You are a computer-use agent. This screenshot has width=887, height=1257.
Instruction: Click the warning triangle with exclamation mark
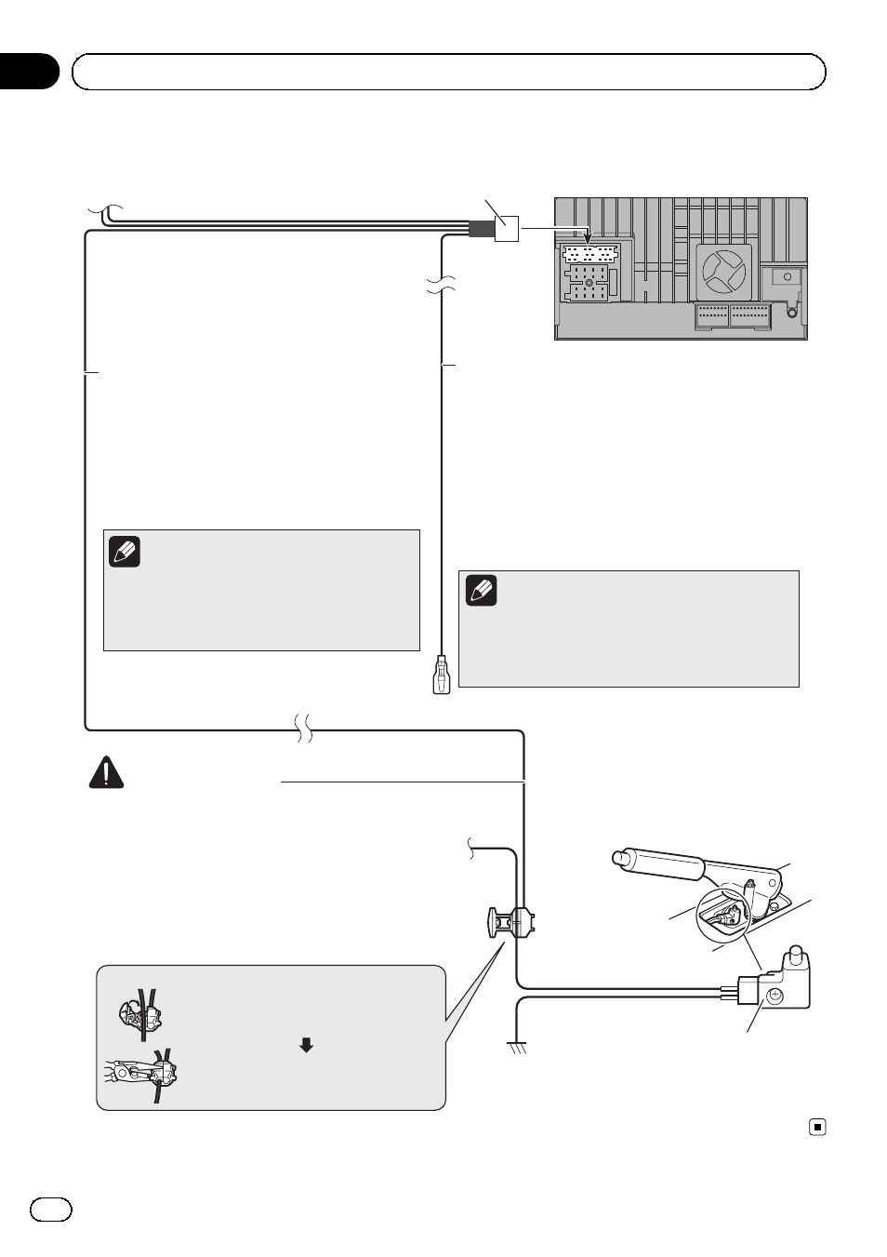click(x=106, y=774)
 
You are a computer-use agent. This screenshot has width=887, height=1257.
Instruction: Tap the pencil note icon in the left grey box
click(x=125, y=552)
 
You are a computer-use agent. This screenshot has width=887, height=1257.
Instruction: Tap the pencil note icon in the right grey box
click(x=482, y=591)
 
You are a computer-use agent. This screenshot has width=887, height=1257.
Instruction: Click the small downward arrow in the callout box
click(x=306, y=1045)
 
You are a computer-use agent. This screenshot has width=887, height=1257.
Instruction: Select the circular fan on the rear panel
click(x=722, y=271)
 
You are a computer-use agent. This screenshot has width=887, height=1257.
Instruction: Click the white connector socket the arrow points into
click(x=590, y=254)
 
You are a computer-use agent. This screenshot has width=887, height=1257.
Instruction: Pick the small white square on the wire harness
click(x=506, y=229)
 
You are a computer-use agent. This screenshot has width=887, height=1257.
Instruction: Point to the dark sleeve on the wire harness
click(x=481, y=229)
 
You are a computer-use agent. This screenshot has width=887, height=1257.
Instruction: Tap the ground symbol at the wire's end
click(x=518, y=1049)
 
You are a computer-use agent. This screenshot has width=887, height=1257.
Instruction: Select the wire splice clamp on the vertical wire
click(x=512, y=922)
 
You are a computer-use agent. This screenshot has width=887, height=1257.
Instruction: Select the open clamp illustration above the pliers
click(x=140, y=1014)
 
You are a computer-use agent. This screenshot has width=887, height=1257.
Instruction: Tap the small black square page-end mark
click(x=817, y=1127)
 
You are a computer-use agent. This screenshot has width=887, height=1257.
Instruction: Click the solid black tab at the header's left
click(x=28, y=72)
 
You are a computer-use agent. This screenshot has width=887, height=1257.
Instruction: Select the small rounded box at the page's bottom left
click(x=50, y=1210)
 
